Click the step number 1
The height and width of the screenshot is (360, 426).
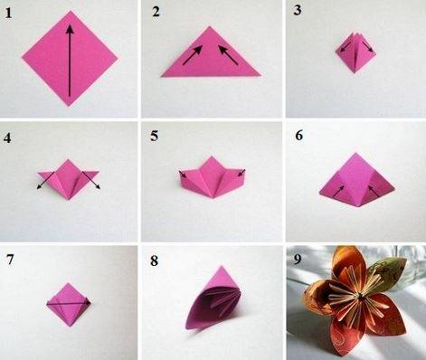coord(8,14)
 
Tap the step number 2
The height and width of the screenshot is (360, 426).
coord(156,12)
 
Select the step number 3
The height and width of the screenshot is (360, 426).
coord(298,10)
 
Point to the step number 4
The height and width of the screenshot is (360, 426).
coord(7,137)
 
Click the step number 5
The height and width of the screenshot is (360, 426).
coord(155,136)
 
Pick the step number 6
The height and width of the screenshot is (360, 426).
coord(298,136)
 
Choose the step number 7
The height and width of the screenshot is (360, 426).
coord(10,260)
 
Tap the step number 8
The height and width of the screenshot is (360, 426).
coord(154,261)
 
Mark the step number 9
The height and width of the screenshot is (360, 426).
coord(298,260)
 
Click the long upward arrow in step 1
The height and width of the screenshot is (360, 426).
coord(70,61)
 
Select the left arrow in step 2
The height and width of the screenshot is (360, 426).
coord(193,55)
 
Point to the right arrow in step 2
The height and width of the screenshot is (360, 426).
coord(228,55)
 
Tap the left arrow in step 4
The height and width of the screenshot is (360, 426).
coord(46,180)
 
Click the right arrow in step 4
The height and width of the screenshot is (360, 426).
coord(91,180)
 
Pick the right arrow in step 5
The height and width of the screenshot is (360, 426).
coord(241,173)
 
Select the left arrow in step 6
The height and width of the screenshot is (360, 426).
coord(338,191)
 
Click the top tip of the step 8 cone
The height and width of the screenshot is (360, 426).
coord(222,267)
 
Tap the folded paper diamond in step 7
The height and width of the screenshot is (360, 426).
coord(69,305)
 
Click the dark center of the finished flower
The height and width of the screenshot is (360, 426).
coord(360,297)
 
